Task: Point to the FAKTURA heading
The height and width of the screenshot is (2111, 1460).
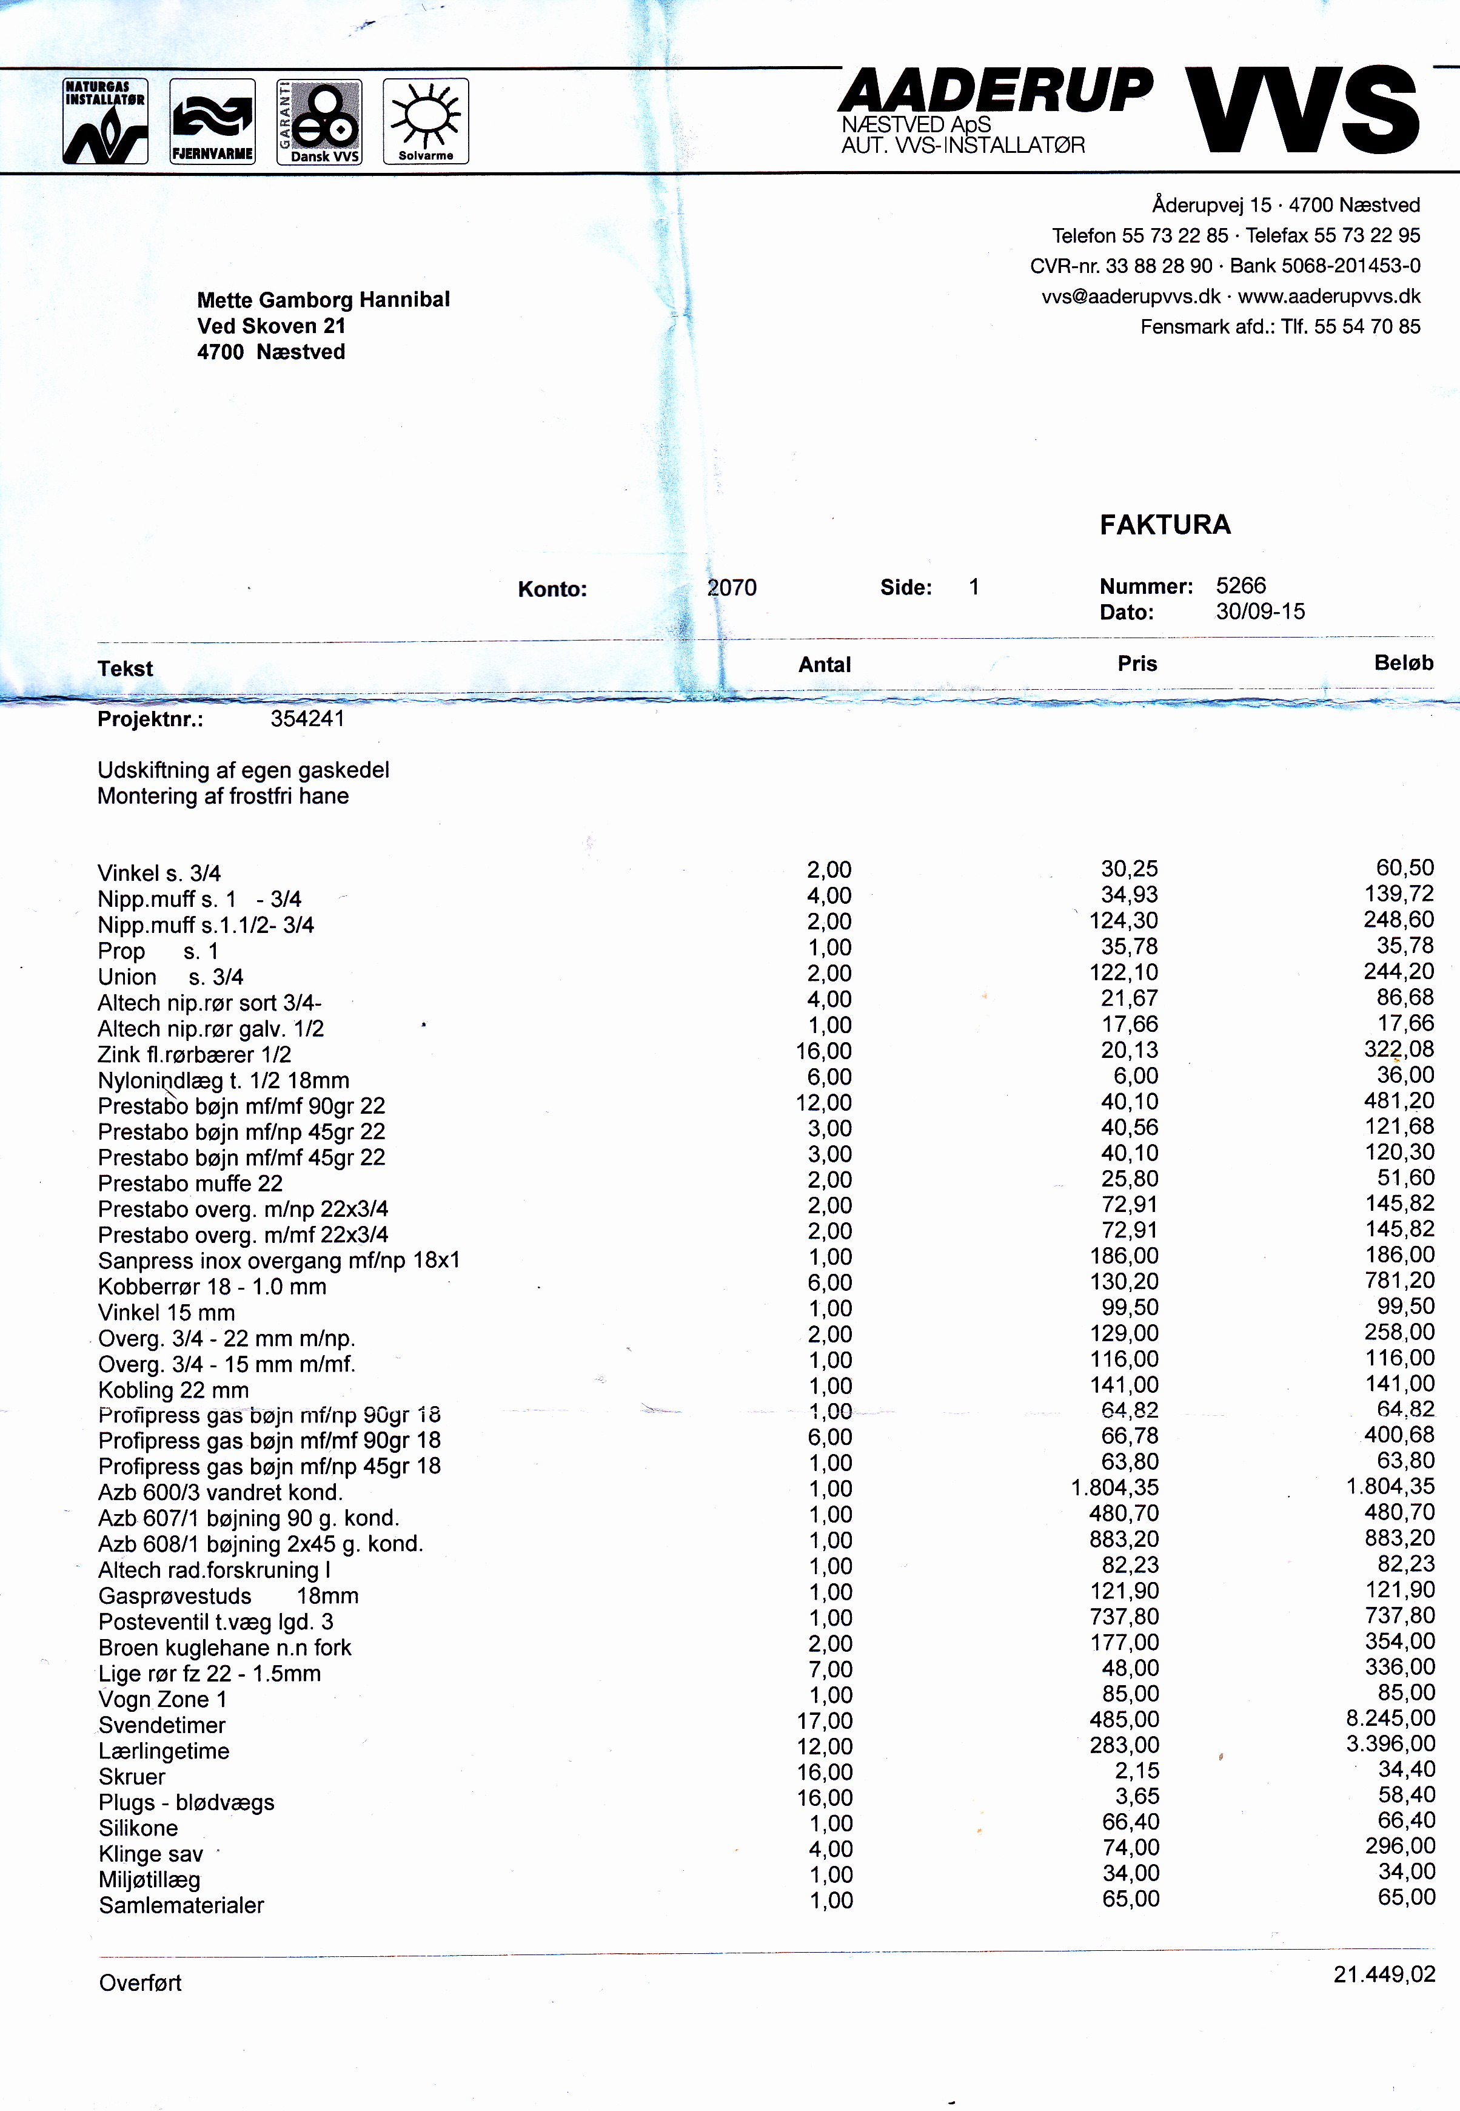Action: tap(1165, 525)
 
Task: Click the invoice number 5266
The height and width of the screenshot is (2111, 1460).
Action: tap(1241, 585)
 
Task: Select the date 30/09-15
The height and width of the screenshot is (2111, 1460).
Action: tap(1260, 611)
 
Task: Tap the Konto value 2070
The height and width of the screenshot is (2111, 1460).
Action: tap(732, 587)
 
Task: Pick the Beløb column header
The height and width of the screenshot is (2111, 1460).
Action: tap(1402, 664)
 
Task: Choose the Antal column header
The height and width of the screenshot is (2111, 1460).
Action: tap(824, 665)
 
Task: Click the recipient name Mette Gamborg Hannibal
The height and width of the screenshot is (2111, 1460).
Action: tap(323, 300)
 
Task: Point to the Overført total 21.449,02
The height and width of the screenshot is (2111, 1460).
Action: tap(1383, 1975)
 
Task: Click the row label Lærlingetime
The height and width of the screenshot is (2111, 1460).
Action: tap(164, 1751)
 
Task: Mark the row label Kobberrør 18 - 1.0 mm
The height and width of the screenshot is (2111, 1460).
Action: tap(212, 1287)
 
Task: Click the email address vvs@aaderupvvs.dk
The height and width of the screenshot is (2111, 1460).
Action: tap(1131, 297)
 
